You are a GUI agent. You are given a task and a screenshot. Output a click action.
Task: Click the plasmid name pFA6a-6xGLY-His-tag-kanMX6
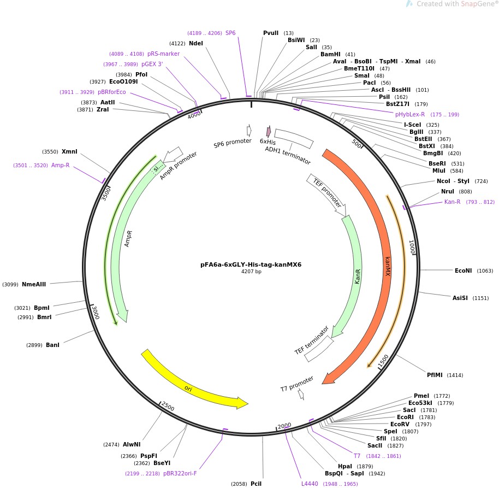tap(251, 264)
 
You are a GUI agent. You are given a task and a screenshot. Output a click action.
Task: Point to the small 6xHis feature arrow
tap(269, 131)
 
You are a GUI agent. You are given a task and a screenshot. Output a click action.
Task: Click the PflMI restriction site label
tap(436, 375)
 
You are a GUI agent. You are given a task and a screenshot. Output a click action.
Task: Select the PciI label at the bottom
tap(257, 484)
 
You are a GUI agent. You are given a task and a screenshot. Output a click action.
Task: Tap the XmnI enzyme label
tap(69, 151)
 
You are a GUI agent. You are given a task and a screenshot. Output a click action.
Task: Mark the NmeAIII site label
tap(34, 284)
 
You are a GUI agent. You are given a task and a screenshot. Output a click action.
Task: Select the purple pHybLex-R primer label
tap(410, 114)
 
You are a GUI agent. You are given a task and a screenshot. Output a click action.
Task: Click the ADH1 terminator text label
tap(288, 155)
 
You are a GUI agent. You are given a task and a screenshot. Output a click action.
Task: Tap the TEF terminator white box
tap(319, 349)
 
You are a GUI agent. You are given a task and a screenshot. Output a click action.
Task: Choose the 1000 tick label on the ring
tap(413, 248)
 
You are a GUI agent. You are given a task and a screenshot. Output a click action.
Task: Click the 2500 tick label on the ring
tap(168, 408)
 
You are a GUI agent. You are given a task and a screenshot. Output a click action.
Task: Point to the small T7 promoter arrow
tap(301, 394)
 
